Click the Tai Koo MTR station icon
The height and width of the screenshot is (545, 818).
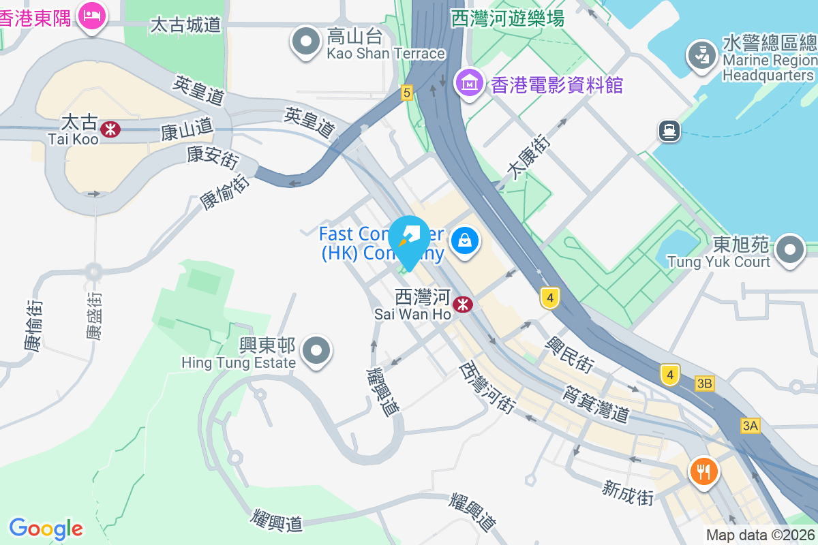point(110,128)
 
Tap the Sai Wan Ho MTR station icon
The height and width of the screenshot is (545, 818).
point(464,305)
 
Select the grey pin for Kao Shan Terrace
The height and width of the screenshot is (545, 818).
point(306,41)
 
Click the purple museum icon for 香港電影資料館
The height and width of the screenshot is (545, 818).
point(470,83)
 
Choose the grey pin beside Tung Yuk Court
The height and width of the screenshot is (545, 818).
point(790,249)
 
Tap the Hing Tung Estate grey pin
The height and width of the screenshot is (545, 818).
point(316,351)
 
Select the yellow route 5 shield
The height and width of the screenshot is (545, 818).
point(407,92)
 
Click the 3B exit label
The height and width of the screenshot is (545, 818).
point(705,384)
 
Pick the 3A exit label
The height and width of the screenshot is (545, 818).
point(751,426)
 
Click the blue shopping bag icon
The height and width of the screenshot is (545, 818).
point(465,240)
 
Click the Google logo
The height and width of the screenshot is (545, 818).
point(46,529)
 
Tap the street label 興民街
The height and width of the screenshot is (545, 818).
point(568,353)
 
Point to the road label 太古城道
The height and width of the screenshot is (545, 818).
point(185,26)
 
